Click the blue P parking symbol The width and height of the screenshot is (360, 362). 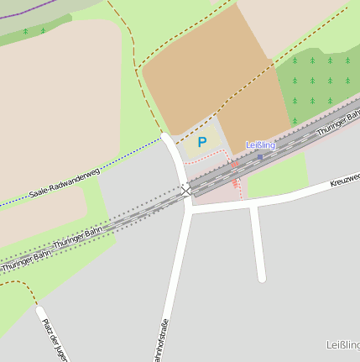coord(201,142)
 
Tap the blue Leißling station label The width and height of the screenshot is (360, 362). coord(260,145)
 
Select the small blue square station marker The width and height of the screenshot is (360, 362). coord(260,156)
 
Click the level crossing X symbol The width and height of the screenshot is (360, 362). coord(185,191)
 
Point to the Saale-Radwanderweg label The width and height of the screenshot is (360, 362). coord(65,183)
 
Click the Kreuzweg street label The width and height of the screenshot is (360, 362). coord(345,179)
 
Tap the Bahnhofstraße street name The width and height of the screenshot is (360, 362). coord(162,340)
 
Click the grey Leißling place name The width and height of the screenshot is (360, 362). coord(342,345)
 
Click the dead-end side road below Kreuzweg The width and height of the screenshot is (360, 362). coord(258,244)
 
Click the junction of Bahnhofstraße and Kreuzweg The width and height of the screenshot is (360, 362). coord(190,210)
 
